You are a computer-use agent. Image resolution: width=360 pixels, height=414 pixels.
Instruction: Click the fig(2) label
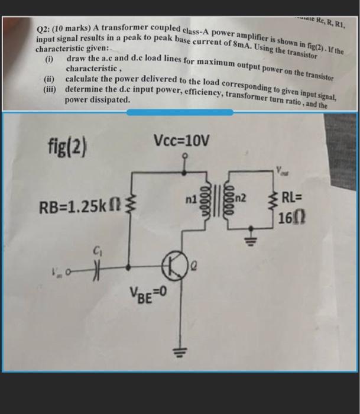67,145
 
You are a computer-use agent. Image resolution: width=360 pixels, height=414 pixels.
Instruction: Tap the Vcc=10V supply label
181,141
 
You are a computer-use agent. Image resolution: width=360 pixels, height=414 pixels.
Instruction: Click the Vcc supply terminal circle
185,157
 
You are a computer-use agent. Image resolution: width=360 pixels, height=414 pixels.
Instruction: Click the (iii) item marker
51,89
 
